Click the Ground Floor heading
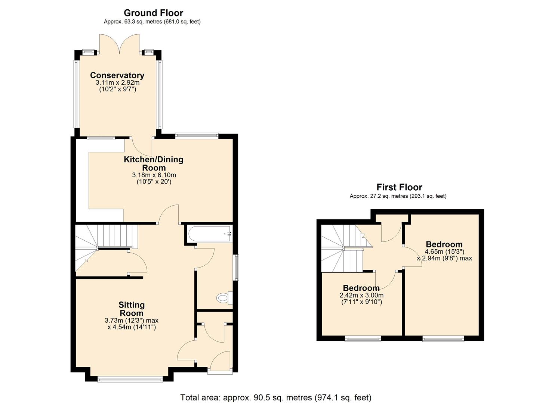pos(153,13)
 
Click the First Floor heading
pos(399,187)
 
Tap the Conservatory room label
pos(117,75)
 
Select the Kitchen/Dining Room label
pos(154,163)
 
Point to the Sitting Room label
pos(132,309)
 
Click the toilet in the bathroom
pos(223,298)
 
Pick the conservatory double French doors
pos(119,44)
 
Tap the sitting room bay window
pos(130,380)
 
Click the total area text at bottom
pos(276,397)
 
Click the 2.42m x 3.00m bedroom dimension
pos(361,295)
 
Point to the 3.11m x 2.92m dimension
pos(117,82)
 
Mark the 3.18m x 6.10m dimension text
pos(154,175)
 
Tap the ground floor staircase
pos(105,243)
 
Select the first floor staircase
pos(342,248)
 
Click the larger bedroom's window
pos(443,338)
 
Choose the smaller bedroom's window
pos(363,338)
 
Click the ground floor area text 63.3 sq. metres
pos(152,22)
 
